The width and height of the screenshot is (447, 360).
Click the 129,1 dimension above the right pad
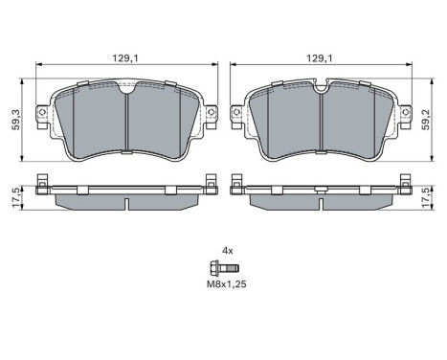(x=319, y=58)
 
